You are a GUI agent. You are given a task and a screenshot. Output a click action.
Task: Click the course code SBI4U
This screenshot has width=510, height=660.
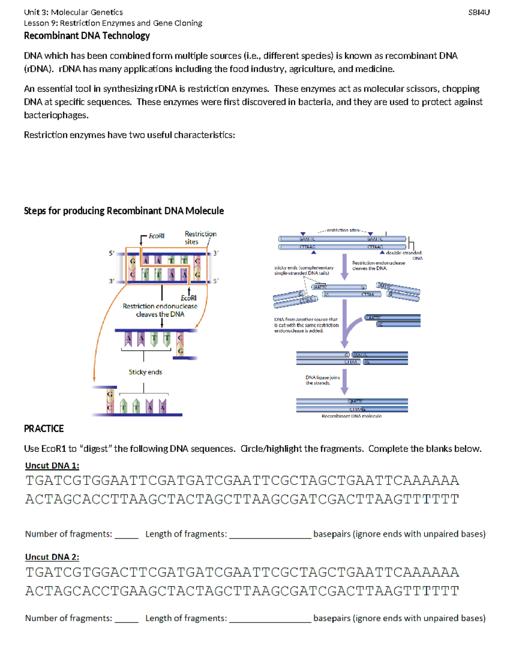point(479,12)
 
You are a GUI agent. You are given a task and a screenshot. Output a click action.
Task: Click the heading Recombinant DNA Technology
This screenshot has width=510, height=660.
point(87,36)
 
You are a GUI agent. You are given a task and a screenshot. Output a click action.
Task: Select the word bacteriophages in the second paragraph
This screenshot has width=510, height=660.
point(56,115)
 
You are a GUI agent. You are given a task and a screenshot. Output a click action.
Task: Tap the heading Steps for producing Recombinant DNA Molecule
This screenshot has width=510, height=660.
point(124,211)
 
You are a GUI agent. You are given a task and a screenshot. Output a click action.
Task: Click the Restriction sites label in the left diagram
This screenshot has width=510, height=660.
point(200,238)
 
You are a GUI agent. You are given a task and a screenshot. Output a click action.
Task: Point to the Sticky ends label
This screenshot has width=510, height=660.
point(145,372)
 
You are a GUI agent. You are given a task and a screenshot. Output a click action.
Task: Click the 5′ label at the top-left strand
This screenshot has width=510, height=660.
point(111,253)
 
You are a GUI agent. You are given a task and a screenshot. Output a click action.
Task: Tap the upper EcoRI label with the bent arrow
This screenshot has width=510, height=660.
point(156,236)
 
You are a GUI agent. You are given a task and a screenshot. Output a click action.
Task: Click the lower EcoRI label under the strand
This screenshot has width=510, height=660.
point(189,298)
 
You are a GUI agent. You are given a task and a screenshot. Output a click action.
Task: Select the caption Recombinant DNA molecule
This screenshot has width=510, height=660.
point(351,416)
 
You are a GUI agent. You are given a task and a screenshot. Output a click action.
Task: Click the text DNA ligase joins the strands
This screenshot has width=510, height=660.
point(322,380)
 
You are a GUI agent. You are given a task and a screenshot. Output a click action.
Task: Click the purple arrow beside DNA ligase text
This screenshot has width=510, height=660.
point(345,381)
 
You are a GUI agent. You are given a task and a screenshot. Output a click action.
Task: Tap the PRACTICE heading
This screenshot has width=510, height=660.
point(44,428)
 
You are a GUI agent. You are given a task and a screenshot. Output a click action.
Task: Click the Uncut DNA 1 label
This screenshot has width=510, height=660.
point(52,465)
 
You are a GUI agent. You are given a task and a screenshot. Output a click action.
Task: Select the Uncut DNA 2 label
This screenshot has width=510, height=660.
point(52,557)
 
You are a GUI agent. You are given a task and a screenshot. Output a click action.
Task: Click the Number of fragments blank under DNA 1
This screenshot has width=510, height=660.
point(126,535)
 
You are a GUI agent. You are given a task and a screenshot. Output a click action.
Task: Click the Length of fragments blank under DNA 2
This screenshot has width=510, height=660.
point(270,619)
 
